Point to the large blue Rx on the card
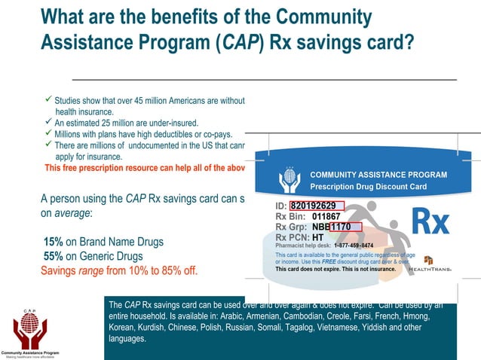pos(430,222)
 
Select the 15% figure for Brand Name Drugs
pos(53,242)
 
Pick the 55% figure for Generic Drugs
pos(53,255)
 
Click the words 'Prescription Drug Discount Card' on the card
pos(369,187)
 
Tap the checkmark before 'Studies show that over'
pos(47,98)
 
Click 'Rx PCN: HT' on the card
pos(299,236)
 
